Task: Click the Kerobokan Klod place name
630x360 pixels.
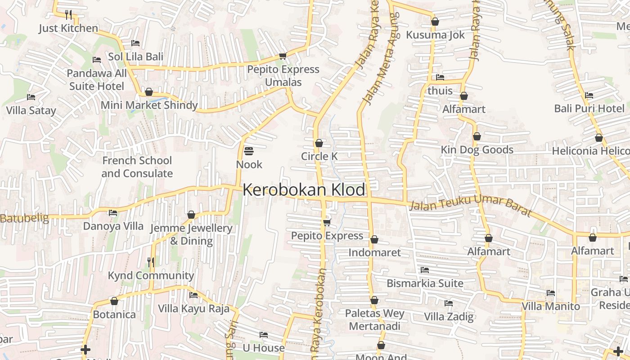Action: pos(304,190)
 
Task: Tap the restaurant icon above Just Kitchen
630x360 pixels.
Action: pos(68,15)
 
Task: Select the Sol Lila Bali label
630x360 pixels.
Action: pos(135,57)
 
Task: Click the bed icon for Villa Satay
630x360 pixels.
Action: pos(31,97)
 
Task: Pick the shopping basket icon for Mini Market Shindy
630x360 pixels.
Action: pos(149,92)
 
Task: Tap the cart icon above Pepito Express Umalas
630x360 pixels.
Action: pos(283,56)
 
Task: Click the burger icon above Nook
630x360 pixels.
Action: pos(249,151)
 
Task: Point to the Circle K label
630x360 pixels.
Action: pos(319,156)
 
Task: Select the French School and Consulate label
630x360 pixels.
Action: pos(137,167)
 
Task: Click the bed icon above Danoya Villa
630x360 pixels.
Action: pos(113,213)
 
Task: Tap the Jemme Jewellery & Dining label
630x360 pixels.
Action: pos(191,234)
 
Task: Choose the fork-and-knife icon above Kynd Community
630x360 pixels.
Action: pos(151,262)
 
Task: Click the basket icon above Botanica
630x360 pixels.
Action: pos(114,301)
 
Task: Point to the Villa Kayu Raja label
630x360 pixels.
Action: pos(193,309)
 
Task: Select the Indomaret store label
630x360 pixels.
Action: pos(374,252)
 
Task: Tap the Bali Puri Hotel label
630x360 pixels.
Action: pos(589,108)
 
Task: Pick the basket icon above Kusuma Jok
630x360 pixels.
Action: pos(435,22)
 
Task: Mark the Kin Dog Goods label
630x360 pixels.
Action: pos(477,150)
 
